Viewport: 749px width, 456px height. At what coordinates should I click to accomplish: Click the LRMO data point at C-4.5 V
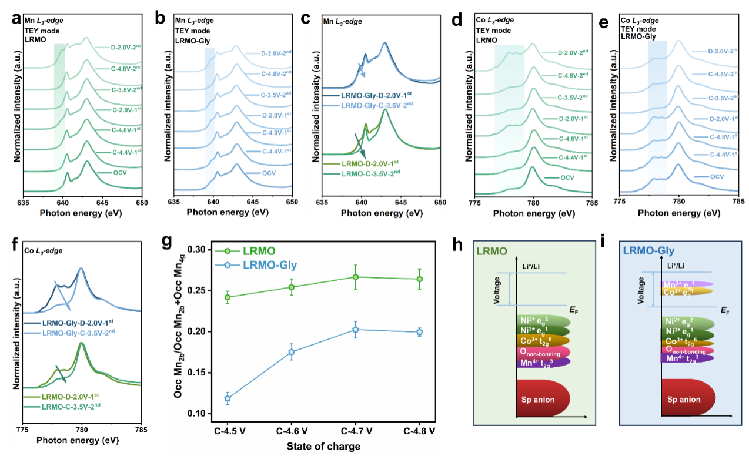point(228,297)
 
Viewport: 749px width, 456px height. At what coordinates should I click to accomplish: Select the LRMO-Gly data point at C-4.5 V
point(228,398)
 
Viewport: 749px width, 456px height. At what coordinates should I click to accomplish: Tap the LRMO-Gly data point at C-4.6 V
point(292,352)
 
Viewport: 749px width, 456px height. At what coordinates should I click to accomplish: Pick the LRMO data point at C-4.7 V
point(356,277)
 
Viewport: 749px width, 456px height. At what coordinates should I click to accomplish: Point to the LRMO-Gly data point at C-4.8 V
point(420,332)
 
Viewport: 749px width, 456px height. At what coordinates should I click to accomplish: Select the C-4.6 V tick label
point(292,431)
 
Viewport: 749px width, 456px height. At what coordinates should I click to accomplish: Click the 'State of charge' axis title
point(323,446)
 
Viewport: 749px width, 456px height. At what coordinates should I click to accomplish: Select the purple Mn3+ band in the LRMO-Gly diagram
point(686,283)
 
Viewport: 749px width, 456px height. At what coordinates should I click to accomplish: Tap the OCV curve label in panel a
point(120,173)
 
